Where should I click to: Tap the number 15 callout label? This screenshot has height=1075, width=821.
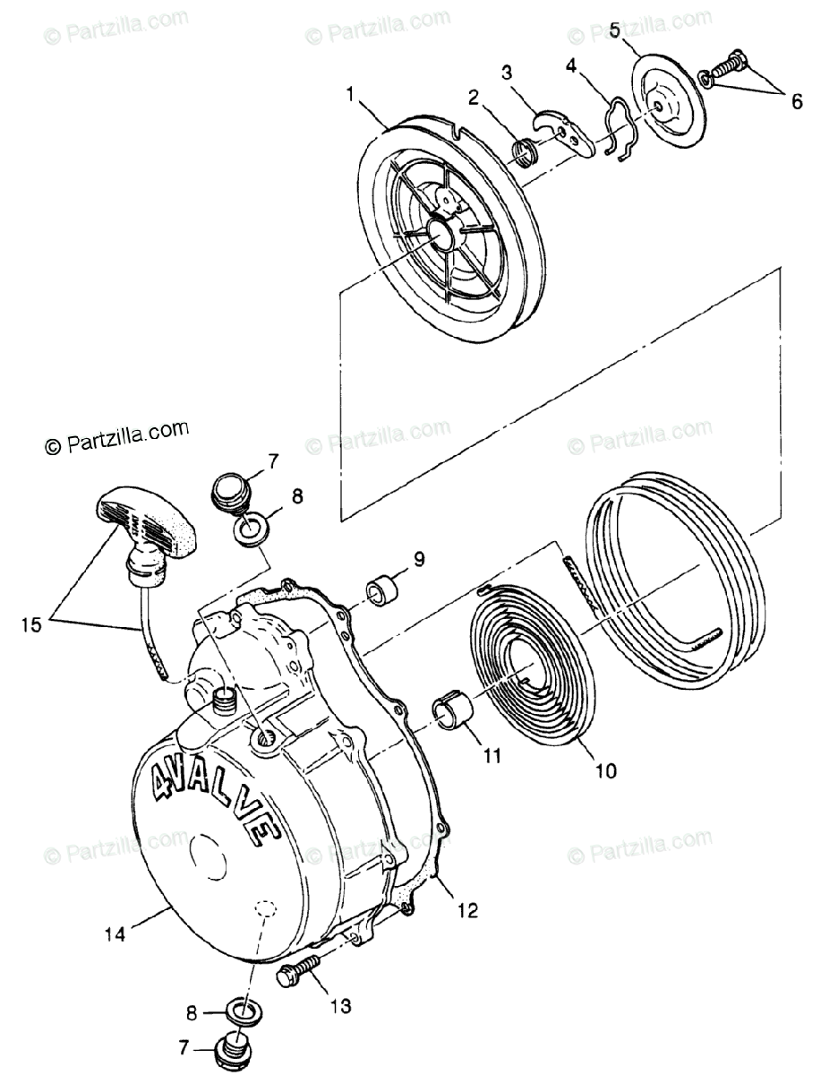click(31, 624)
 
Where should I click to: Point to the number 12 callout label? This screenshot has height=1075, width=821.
click(468, 910)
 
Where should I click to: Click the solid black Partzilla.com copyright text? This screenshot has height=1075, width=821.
click(117, 436)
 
